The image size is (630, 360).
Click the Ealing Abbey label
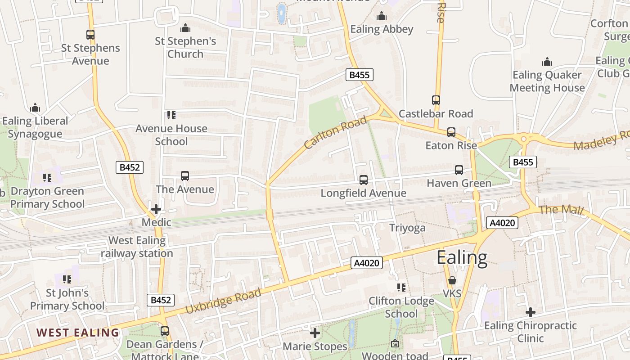click(x=382, y=29)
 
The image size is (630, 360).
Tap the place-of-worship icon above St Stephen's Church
click(x=185, y=28)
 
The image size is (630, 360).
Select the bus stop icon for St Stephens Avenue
click(x=90, y=34)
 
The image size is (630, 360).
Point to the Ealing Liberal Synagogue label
click(x=35, y=127)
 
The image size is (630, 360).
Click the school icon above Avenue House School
click(x=171, y=115)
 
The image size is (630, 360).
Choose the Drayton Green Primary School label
click(x=47, y=198)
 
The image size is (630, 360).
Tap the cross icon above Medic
click(x=156, y=209)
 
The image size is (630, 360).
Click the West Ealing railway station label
click(x=137, y=247)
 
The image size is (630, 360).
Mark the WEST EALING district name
click(x=78, y=333)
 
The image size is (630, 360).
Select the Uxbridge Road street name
click(x=223, y=301)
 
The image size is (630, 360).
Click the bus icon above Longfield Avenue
click(x=364, y=180)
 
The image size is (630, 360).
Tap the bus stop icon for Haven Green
click(x=459, y=170)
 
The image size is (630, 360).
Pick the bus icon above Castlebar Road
click(x=436, y=100)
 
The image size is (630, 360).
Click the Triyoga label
click(x=407, y=228)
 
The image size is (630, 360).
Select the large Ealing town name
click(x=462, y=258)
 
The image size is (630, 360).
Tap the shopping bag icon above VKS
click(x=452, y=280)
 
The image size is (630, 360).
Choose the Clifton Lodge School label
click(x=401, y=307)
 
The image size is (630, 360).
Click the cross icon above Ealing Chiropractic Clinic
click(x=531, y=312)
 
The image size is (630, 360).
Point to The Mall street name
click(x=561, y=210)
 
